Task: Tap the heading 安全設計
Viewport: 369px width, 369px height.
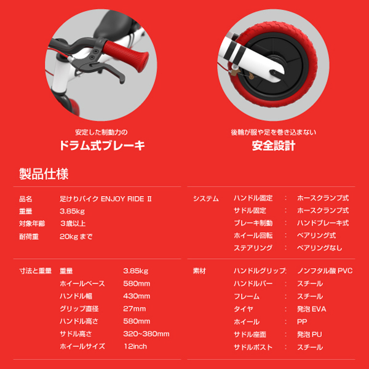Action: tap(274, 146)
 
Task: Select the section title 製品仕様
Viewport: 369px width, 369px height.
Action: tap(44, 173)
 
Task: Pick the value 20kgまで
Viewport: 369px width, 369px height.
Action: tap(76, 236)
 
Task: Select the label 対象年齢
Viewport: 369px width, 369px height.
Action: tap(30, 223)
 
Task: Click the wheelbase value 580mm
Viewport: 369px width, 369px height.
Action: tap(137, 284)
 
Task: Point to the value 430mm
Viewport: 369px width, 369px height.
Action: tap(137, 296)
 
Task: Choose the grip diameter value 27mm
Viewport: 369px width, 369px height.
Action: tap(135, 309)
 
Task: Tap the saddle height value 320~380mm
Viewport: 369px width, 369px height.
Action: tap(145, 334)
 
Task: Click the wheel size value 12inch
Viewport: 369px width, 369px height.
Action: tap(135, 346)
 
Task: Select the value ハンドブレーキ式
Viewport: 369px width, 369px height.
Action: tap(322, 223)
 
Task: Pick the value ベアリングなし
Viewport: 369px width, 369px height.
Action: tap(320, 248)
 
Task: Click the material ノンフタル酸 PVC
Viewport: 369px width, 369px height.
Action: tap(324, 271)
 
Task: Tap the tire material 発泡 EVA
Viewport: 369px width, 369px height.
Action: tap(311, 309)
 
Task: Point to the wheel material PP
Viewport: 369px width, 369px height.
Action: tap(301, 322)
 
